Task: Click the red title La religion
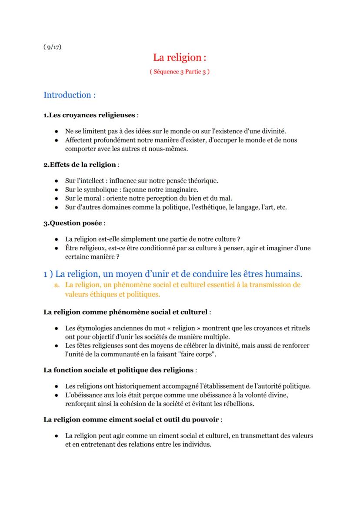pos(179,57)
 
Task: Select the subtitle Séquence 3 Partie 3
pos(179,72)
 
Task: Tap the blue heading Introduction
pos(70,95)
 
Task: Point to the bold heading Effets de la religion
pos(80,164)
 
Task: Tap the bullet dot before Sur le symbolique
pos(57,189)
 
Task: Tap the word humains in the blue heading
pos(283,274)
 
